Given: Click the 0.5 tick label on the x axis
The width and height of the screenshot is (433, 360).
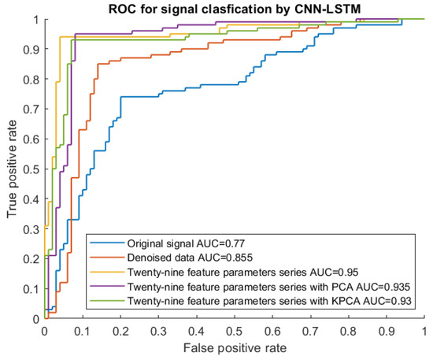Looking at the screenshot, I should point(235,331).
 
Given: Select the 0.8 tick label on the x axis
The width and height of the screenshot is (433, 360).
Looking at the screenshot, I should point(349,331).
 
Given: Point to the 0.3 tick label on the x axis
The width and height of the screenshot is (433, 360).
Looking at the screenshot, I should point(159,331).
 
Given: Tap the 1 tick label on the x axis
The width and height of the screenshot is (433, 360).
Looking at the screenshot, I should point(424,331).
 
